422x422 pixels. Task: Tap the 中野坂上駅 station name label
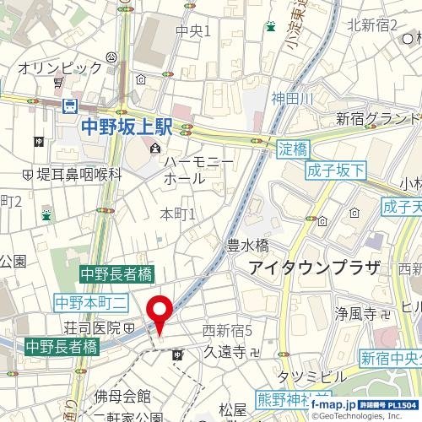(x=127, y=127)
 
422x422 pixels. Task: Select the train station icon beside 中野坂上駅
(x=70, y=106)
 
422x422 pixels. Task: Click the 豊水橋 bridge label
(x=247, y=246)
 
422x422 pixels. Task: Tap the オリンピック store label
(x=60, y=67)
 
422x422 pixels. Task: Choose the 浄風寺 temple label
(x=357, y=314)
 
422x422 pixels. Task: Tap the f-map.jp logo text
(x=330, y=406)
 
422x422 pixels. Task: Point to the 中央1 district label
(x=193, y=31)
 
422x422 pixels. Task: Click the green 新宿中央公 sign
(x=389, y=358)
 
